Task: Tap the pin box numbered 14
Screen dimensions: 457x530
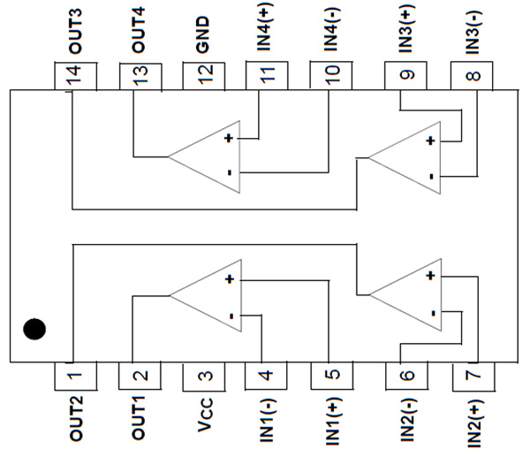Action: (x=76, y=75)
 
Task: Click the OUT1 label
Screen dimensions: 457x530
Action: (x=140, y=420)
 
